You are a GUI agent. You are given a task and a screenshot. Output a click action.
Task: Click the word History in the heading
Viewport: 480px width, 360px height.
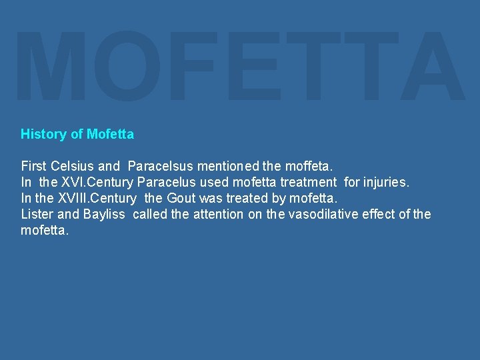pos(43,134)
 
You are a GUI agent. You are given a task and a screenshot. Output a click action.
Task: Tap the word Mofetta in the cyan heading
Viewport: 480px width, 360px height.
pos(110,134)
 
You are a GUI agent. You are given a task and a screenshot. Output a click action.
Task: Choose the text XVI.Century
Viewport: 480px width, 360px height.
pos(99,181)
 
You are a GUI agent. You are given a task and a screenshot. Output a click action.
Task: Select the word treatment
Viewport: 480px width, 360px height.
pos(309,181)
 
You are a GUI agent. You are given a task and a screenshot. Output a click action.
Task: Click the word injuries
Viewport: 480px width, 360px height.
pos(386,181)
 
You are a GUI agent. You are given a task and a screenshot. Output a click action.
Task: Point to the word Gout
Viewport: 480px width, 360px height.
pos(181,198)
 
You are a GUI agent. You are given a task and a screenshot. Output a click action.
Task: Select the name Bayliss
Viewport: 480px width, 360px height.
pos(104,214)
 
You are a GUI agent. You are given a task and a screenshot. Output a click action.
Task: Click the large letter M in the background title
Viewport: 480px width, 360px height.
pos(50,67)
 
